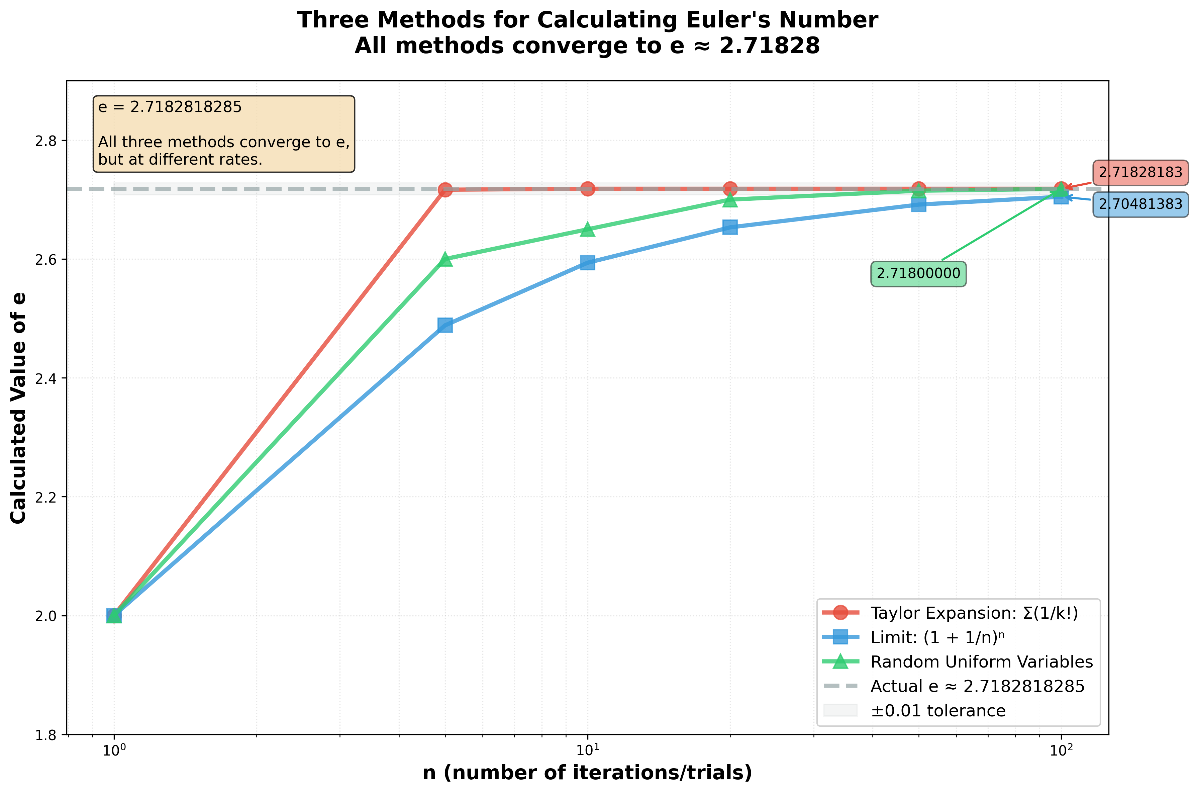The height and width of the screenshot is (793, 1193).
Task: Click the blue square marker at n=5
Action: pos(445,325)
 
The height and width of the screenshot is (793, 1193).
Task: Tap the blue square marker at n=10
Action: pos(587,262)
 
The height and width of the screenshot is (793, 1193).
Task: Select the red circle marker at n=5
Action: pos(445,190)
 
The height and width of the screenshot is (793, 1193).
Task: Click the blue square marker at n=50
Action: pos(918,204)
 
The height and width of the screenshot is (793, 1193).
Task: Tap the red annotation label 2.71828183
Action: pos(1140,172)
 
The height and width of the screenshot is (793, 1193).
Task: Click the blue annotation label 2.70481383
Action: pos(1140,204)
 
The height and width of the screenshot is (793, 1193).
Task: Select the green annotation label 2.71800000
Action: pos(918,274)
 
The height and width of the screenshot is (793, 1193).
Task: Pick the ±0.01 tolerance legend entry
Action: pos(938,711)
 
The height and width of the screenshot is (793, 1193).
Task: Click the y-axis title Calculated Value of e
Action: pos(19,408)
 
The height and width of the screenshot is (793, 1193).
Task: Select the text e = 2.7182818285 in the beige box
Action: pos(170,107)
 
